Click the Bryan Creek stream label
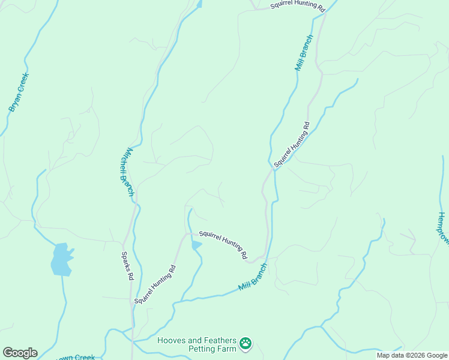coord(19,92)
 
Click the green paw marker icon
coord(246,344)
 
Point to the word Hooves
coord(172,340)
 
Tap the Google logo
coord(20,353)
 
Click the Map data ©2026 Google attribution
coord(412,355)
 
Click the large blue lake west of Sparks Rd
coord(61,259)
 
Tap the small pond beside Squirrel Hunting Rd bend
coord(196,245)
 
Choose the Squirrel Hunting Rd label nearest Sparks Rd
coord(155,284)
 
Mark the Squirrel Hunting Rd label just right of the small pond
coord(223,244)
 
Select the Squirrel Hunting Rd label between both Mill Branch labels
coord(292,145)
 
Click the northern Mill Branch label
coord(304,53)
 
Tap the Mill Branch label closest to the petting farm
coord(252,277)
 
